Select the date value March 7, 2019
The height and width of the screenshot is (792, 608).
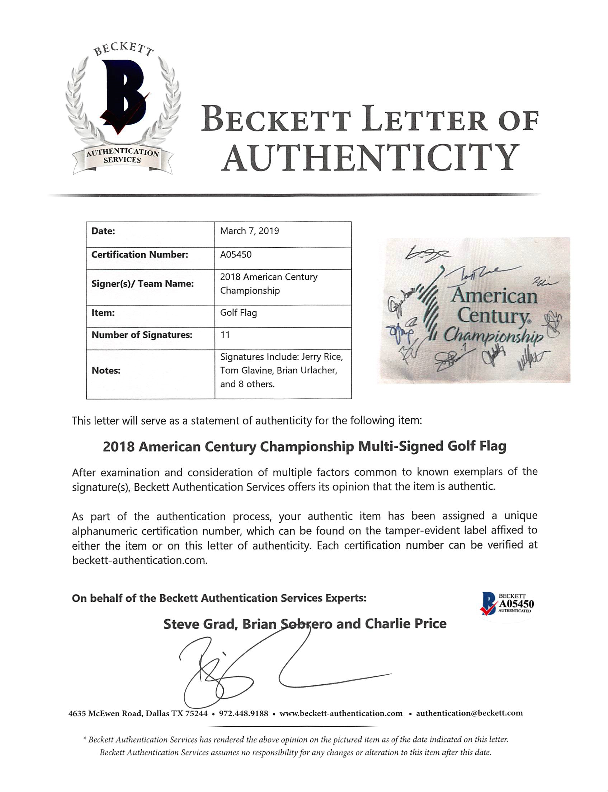(x=249, y=231)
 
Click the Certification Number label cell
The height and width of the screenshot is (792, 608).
(x=140, y=255)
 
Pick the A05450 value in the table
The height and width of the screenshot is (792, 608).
(x=236, y=255)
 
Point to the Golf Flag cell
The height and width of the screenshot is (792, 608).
(x=239, y=312)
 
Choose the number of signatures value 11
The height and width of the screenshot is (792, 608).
(x=225, y=335)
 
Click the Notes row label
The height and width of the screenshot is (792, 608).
(x=106, y=371)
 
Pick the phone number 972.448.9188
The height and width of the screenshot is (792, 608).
(x=244, y=713)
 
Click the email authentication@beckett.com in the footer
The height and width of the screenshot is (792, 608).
(x=469, y=713)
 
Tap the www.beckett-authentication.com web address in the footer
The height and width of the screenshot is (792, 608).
(x=341, y=713)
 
